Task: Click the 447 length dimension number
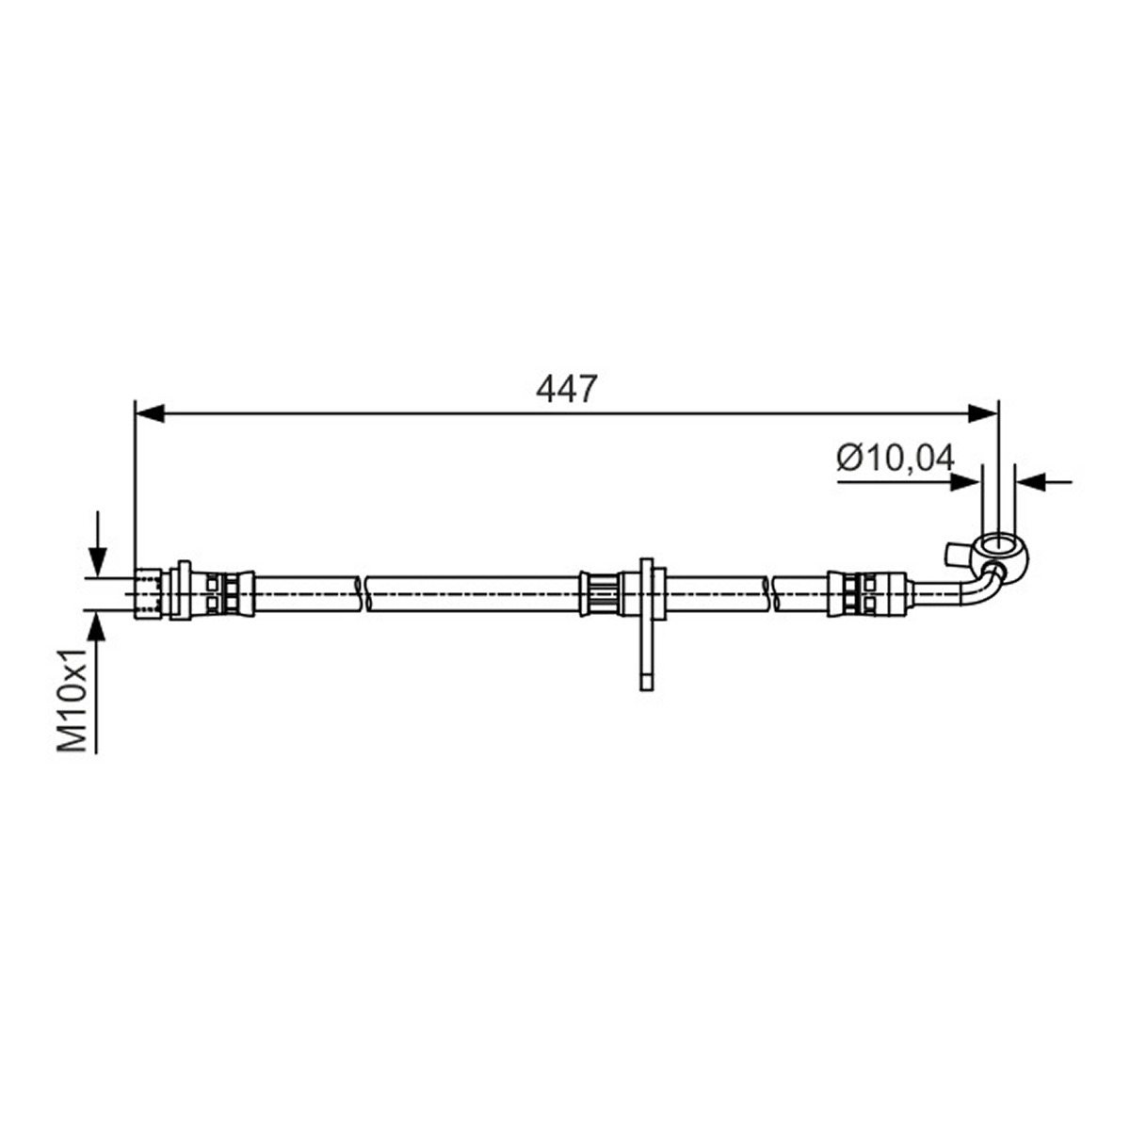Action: [x=567, y=388]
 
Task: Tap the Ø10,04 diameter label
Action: [x=896, y=458]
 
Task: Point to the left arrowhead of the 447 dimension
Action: [x=150, y=412]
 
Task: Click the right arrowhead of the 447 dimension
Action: [x=983, y=412]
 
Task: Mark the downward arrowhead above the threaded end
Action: [x=97, y=561]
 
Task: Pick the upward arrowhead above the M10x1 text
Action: [x=97, y=625]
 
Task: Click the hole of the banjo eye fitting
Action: [x=997, y=545]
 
